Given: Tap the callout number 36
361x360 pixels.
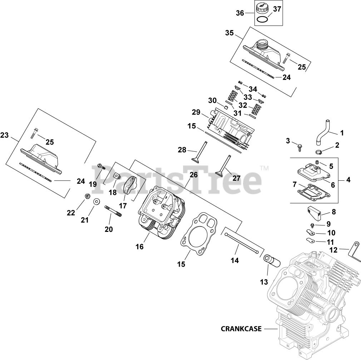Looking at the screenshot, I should tap(240, 13).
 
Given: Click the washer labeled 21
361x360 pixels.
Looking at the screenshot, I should tap(97, 202).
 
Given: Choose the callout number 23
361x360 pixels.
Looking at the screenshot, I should tap(5, 135).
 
